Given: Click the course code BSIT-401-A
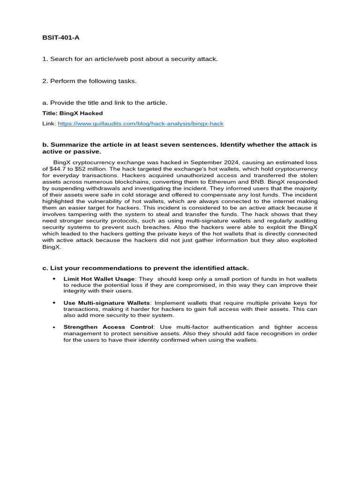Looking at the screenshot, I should coord(61,37).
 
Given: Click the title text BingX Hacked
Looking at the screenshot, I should coord(73,113).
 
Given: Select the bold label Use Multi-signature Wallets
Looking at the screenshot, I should coord(107,303).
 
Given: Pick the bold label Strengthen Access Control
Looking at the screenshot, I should coord(108,327).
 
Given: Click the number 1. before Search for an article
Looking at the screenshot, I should coord(45,59).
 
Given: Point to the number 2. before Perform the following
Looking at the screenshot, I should coord(45,81).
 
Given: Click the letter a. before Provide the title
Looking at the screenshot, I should coord(45,103).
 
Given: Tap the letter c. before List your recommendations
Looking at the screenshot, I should coord(45,268).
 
